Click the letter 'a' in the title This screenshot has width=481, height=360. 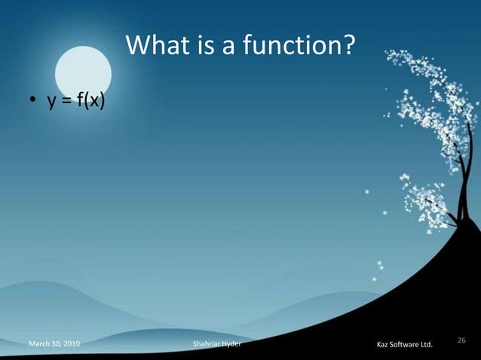tap(225, 48)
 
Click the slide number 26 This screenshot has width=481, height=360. tap(462, 340)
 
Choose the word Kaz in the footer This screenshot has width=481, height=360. tap(383, 346)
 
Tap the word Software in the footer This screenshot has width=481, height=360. tap(406, 346)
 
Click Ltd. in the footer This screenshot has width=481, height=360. tap(427, 346)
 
